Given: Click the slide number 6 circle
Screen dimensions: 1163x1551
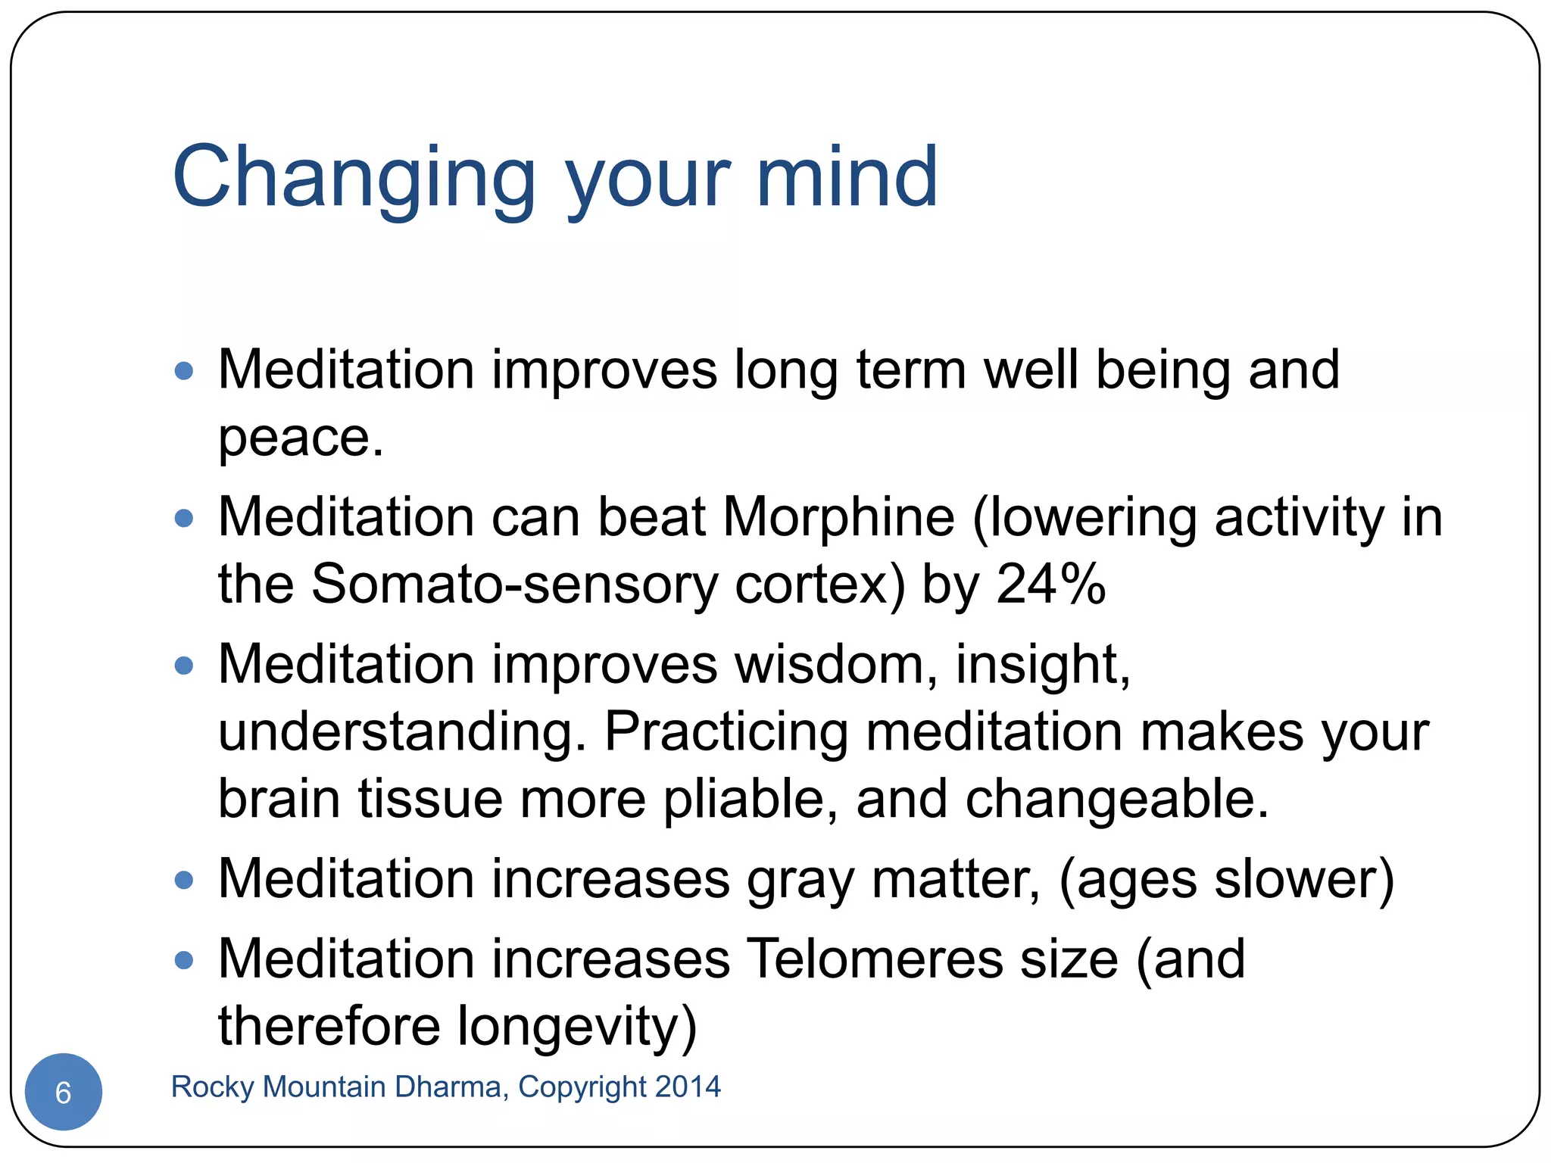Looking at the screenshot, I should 64,1092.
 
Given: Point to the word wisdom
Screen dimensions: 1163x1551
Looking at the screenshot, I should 829,664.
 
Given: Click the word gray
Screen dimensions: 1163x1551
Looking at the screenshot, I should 800,880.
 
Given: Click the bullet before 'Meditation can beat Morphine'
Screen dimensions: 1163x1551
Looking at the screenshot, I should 184,519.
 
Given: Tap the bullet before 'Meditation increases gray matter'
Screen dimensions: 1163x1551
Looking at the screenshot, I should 184,880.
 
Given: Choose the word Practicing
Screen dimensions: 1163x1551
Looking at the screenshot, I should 726,731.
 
